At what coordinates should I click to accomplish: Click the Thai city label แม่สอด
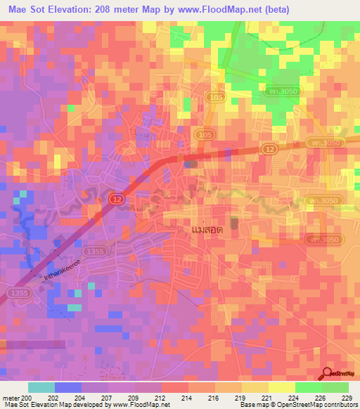[x=212, y=230]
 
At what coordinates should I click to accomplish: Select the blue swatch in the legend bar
[x=68, y=387]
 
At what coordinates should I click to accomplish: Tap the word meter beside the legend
[x=12, y=397]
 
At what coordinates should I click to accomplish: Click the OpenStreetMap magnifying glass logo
[x=328, y=374]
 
